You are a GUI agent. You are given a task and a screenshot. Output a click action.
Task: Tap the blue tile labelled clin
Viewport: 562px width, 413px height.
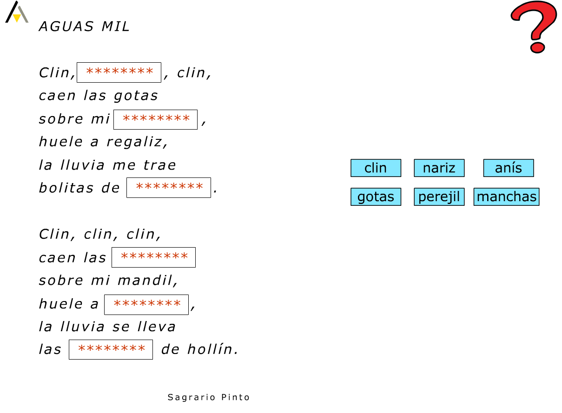(x=376, y=168)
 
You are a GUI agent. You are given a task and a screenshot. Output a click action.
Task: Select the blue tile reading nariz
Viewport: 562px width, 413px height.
(x=439, y=168)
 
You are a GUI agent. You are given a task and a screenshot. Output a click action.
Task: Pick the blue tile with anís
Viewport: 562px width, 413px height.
(x=508, y=168)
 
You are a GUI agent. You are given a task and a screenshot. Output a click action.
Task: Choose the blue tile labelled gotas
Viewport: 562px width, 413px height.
(x=376, y=197)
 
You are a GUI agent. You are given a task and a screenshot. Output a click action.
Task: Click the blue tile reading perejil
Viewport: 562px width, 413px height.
(x=439, y=197)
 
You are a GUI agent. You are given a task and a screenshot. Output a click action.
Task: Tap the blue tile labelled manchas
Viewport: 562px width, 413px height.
(x=506, y=197)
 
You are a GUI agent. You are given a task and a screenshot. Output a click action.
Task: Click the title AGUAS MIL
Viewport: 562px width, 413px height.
(x=84, y=27)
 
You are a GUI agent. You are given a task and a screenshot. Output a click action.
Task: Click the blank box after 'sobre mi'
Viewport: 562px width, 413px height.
(x=155, y=119)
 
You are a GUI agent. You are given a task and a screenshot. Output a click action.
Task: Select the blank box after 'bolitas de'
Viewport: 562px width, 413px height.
(x=169, y=188)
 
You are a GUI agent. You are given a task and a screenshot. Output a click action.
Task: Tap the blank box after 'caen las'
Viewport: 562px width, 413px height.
(x=153, y=257)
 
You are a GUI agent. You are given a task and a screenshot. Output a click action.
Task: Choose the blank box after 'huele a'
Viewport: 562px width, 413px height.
(x=146, y=304)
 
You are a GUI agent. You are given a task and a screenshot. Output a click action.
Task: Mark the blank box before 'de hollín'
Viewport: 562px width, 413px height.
(x=111, y=350)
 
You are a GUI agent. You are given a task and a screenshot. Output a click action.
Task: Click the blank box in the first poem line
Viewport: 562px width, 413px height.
(x=119, y=72)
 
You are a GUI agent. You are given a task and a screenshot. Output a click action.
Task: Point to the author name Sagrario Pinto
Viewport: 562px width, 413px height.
(x=209, y=397)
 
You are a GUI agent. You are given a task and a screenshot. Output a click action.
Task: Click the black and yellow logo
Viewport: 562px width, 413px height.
(x=16, y=13)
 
